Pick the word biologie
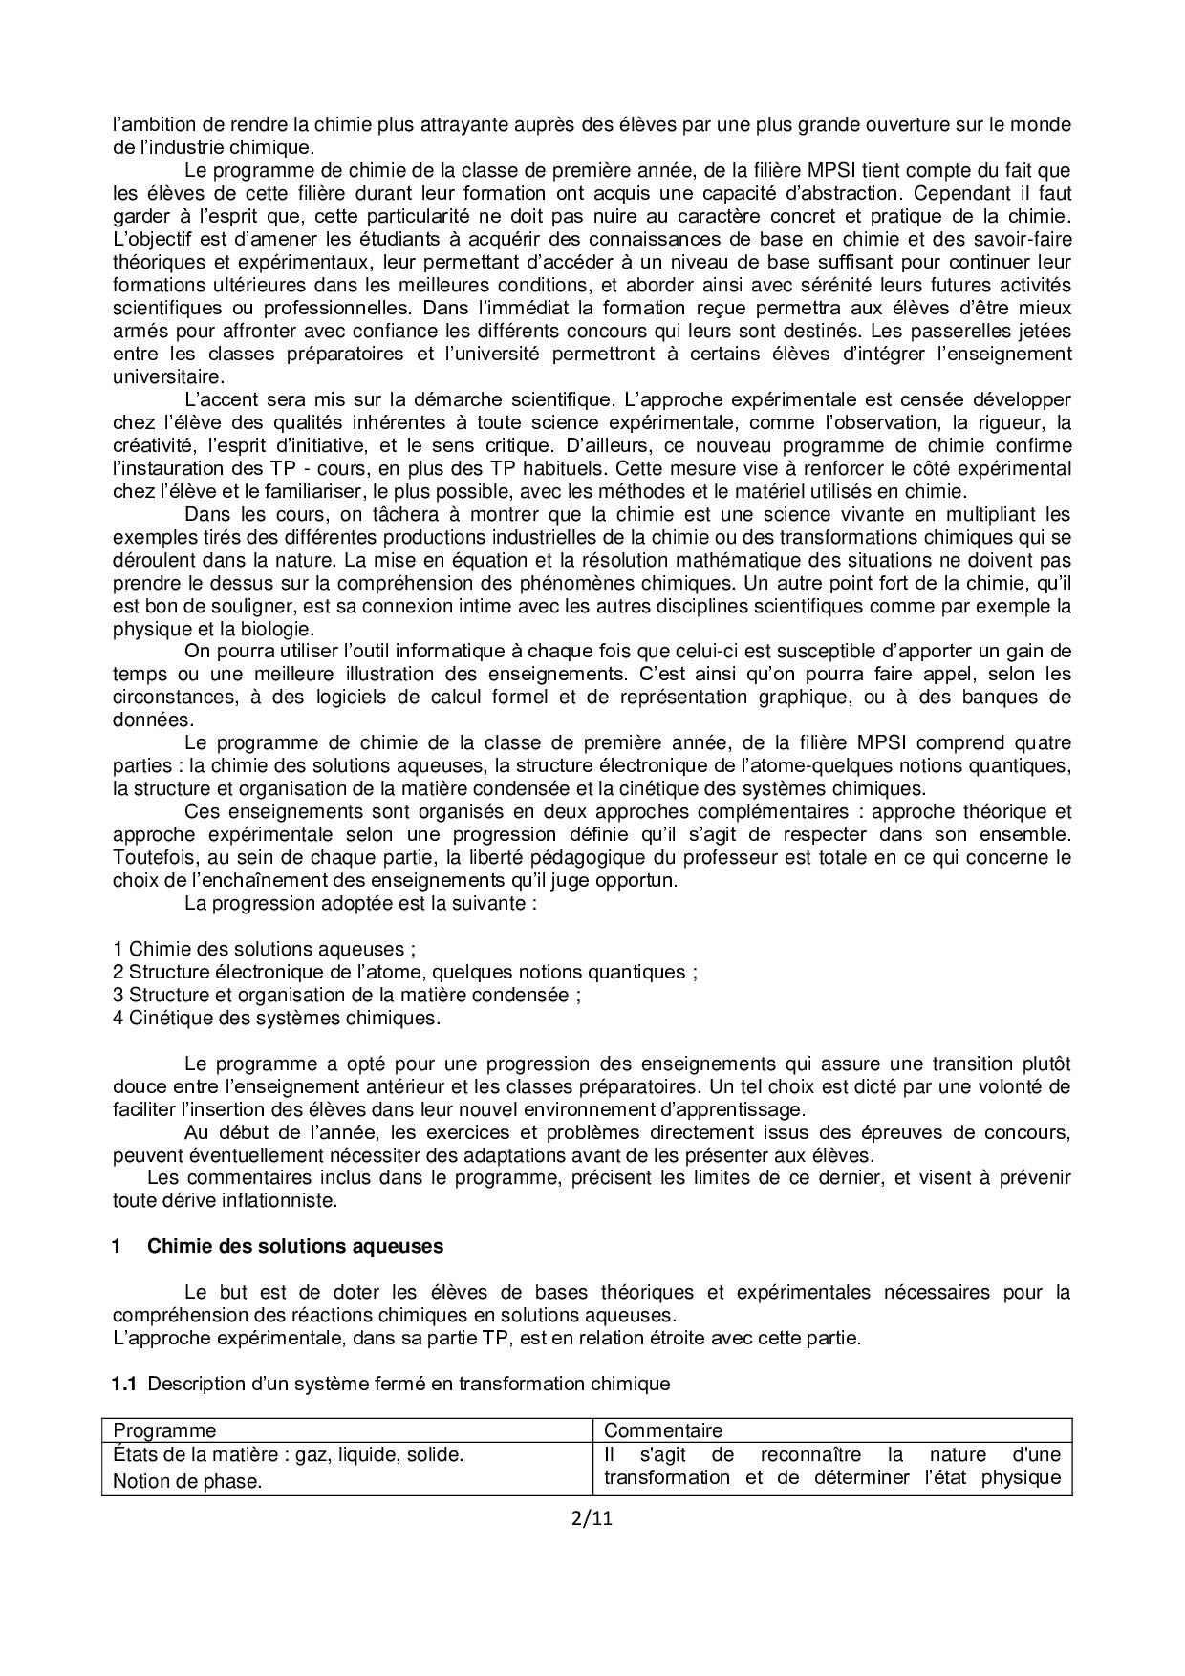coord(281,629)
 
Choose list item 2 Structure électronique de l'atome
coord(404,972)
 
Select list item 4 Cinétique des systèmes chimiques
coord(276,1018)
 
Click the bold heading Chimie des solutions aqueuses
coord(295,1247)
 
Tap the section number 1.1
coord(125,1384)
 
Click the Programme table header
coord(164,1430)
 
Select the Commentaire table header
coord(663,1430)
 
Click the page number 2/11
coord(592,1518)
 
